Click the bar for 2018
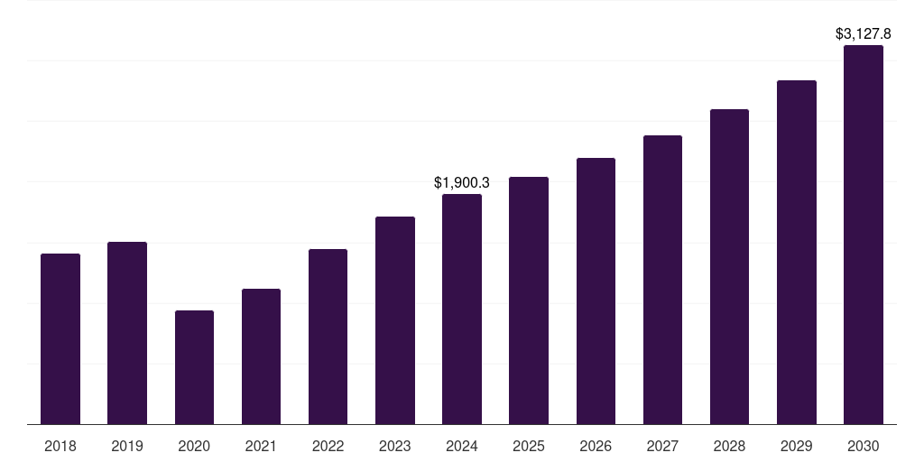60,338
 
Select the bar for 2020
194,367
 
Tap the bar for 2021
261,356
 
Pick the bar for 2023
395,320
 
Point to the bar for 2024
462,309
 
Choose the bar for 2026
596,291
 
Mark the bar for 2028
729,266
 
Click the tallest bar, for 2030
864,235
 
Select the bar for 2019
127,333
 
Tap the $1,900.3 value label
462,182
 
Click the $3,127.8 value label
864,34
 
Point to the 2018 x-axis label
60,446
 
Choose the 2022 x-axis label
328,446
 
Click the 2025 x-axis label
529,446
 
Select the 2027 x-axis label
662,446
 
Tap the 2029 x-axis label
796,446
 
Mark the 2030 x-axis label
864,446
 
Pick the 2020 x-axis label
194,446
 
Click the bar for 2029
796,252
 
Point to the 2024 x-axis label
462,446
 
